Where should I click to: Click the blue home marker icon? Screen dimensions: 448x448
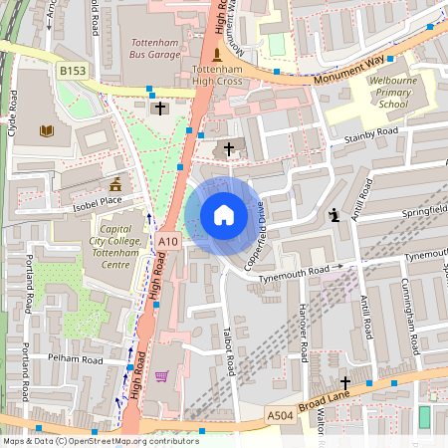(223, 215)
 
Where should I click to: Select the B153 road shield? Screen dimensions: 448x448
(71, 71)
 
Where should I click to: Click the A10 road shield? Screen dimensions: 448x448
(167, 240)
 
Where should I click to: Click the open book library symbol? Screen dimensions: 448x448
(47, 130)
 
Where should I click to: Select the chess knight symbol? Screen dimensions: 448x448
(336, 214)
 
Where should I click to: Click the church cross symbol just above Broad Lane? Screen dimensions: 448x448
(345, 382)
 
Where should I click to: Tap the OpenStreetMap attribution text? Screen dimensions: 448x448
(87, 441)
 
